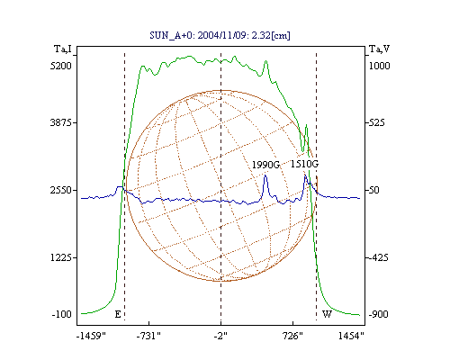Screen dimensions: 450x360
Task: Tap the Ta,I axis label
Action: point(63,49)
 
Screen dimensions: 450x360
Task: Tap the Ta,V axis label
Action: point(379,49)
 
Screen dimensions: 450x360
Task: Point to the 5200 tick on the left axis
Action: point(61,66)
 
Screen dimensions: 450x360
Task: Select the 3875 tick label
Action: point(61,122)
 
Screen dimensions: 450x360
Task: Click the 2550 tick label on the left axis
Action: point(61,190)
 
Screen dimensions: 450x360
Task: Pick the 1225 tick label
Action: point(61,257)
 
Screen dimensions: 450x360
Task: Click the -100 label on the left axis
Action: point(62,314)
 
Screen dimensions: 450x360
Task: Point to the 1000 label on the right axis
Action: point(379,66)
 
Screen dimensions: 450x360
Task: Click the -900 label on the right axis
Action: point(379,314)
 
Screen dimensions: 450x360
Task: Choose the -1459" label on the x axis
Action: point(91,336)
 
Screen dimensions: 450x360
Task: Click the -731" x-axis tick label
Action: point(148,336)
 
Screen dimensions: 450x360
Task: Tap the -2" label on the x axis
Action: point(220,336)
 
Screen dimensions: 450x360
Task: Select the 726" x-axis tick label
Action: point(292,336)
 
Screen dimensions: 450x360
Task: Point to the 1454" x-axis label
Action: point(351,336)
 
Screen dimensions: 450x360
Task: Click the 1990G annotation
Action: point(265,165)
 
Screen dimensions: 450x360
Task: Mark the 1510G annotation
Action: point(304,164)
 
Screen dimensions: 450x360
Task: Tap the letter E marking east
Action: point(118,314)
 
